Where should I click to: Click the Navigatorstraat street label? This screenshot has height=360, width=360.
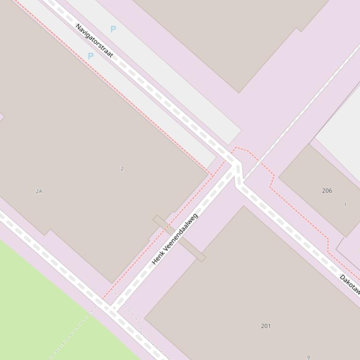click(94, 41)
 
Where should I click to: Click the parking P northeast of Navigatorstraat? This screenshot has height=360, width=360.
click(113, 29)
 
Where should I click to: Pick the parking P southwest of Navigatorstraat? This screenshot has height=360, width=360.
click(90, 56)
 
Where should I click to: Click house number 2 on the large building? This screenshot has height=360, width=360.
click(122, 169)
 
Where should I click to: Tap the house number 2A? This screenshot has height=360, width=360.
click(39, 191)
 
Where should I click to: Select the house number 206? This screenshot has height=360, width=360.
click(327, 191)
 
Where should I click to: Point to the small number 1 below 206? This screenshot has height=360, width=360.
click(345, 205)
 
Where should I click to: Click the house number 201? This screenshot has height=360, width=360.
click(266, 326)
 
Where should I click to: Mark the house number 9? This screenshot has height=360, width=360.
click(309, 357)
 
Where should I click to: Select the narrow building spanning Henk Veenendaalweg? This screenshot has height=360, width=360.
click(179, 238)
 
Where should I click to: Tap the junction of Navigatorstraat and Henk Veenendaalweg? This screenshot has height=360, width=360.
click(236, 168)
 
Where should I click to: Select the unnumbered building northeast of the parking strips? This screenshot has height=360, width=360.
click(234, 37)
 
